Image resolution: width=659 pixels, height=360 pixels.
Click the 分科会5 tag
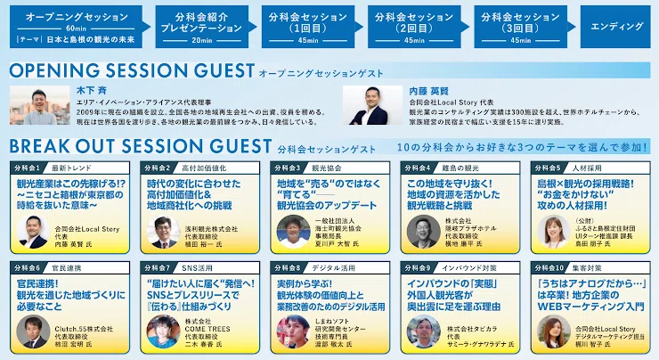pos(546,168)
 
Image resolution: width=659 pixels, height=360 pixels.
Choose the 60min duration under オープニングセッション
pos(75,28)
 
